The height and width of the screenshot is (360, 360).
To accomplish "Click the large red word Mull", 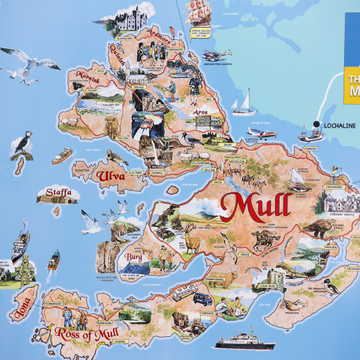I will click(256, 208).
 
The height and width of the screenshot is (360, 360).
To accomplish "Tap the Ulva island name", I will click(112, 176).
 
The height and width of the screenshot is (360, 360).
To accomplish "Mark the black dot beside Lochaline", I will click(317, 124).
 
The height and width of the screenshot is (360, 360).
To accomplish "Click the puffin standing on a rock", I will click(23, 143).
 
